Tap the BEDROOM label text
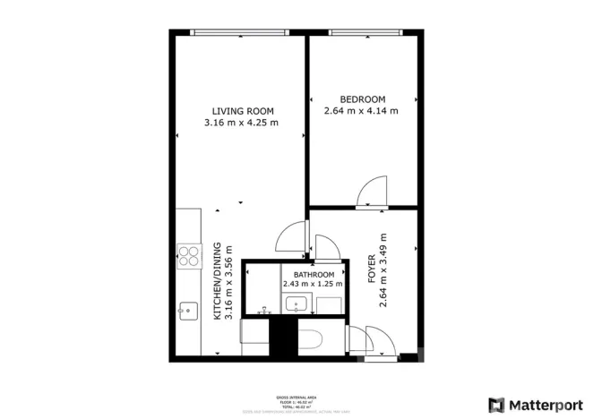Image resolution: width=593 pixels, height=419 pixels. click(x=362, y=98)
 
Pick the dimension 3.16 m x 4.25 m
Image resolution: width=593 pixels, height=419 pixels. click(x=240, y=123)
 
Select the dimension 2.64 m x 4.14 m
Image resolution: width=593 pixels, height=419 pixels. click(x=361, y=111)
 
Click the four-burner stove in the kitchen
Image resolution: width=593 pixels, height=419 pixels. click(x=189, y=256)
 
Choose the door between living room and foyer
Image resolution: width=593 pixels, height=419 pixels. click(x=292, y=237)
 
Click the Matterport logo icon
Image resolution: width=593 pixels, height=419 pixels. click(x=495, y=404)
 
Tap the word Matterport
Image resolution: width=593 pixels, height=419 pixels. click(x=546, y=404)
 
